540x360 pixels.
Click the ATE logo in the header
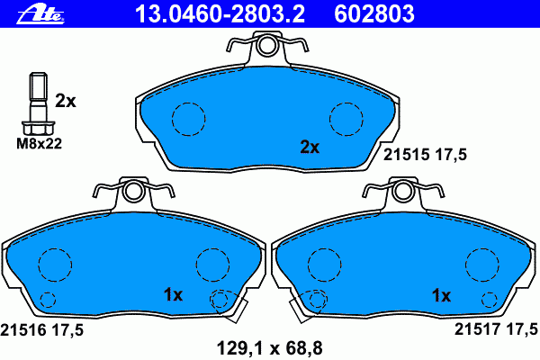pos(40,14)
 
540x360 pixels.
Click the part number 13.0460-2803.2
pos(220,13)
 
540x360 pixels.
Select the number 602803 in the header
pos(374,13)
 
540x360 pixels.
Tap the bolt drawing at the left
pos(38,103)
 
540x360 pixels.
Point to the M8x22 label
pos(40,144)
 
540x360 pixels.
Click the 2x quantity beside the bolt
pos(66,102)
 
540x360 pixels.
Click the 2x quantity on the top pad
pos(310,147)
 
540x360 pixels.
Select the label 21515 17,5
pos(425,155)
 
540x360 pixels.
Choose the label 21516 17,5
pos(42,330)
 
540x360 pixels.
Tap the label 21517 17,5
pos(496,329)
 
